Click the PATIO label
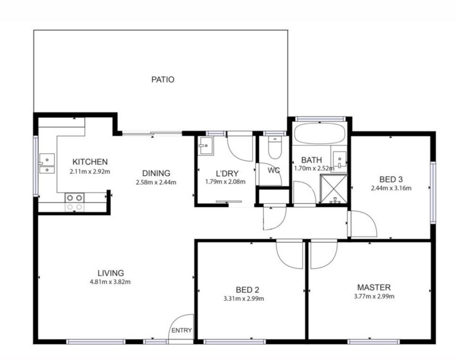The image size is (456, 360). (x=163, y=79)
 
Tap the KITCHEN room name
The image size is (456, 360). (x=90, y=162)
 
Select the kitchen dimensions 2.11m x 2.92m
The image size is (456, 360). (x=90, y=172)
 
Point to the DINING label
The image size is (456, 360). (x=156, y=173)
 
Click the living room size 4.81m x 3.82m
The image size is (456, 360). (x=110, y=282)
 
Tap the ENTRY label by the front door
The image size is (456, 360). (x=182, y=330)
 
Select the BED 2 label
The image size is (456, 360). (x=247, y=290)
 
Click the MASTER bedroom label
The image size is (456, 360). (x=374, y=287)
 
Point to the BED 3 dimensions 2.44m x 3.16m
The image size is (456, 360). (x=391, y=188)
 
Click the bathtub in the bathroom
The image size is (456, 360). (x=320, y=133)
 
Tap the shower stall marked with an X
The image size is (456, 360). (x=334, y=188)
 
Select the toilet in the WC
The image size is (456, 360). (x=274, y=148)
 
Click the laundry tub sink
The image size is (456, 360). (x=206, y=146)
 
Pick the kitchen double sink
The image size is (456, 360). (x=47, y=164)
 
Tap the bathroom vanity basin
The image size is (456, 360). (x=339, y=160)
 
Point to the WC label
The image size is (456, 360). (x=274, y=170)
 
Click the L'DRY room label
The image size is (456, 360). (x=227, y=174)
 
